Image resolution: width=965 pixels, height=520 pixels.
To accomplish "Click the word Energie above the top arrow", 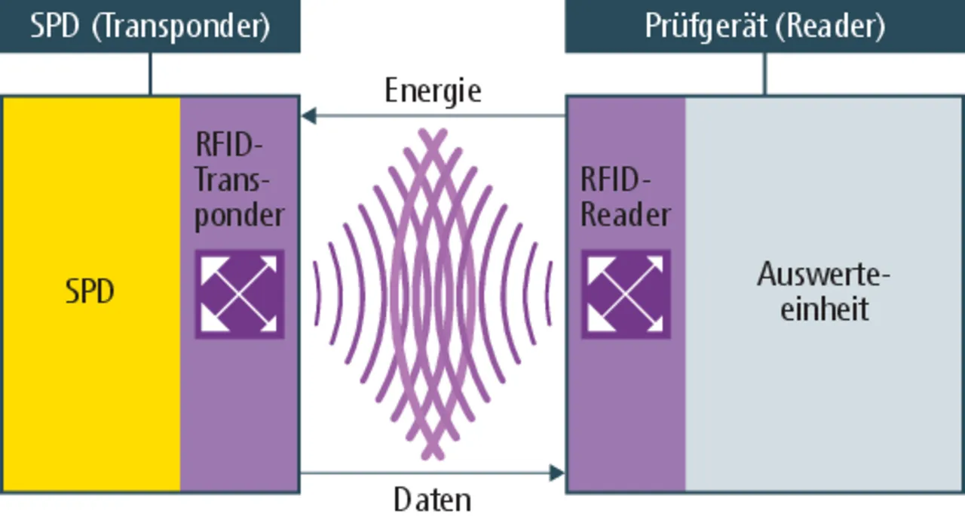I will click(x=433, y=91).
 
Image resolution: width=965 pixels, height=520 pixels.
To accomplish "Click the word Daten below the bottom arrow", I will click(x=433, y=500).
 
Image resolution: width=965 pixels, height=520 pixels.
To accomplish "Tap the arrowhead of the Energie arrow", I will click(x=308, y=116).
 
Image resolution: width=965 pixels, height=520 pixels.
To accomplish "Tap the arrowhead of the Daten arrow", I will click(x=557, y=473).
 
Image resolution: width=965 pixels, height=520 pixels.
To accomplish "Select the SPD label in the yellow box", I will click(x=90, y=292).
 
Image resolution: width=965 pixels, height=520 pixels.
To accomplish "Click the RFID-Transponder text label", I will click(x=238, y=180).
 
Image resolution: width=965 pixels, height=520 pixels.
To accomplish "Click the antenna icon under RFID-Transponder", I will click(x=240, y=294).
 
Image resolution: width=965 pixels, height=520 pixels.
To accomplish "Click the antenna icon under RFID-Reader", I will click(x=626, y=294).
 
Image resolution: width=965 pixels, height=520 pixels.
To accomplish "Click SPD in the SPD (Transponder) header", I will click(x=55, y=26).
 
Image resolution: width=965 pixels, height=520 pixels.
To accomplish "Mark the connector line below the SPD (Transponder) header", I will click(x=150, y=74).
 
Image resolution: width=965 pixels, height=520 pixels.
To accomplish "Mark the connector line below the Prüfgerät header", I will click(x=764, y=74).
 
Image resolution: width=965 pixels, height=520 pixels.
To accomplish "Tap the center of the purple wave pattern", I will click(x=433, y=294).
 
